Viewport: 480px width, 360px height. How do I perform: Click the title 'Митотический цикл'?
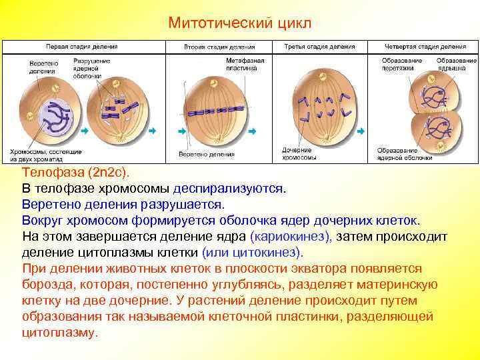pyautogui.click(x=239, y=23)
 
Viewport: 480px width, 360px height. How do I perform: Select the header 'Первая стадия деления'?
pyautogui.click(x=82, y=47)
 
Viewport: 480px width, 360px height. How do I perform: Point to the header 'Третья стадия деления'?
pyautogui.click(x=315, y=47)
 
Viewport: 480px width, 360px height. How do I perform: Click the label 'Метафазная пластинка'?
pyautogui.click(x=245, y=64)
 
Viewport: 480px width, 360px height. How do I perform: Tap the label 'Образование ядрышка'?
pyautogui.click(x=456, y=64)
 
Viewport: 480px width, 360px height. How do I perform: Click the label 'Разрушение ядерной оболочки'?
pyautogui.click(x=85, y=68)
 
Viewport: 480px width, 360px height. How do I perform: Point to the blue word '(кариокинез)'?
pyautogui.click(x=291, y=237)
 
